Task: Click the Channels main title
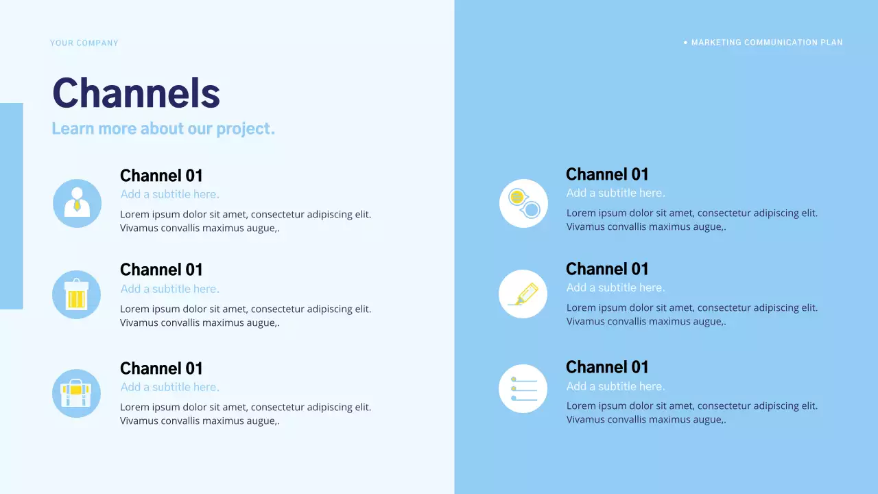(136, 93)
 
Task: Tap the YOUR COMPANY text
(84, 43)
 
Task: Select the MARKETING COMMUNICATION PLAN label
(767, 43)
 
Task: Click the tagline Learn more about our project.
(163, 129)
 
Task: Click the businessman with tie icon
(77, 203)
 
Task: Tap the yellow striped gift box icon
(76, 294)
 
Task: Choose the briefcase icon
(76, 393)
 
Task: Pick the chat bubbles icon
(523, 203)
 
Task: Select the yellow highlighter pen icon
(523, 294)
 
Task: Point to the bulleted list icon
(523, 389)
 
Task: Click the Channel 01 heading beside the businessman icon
(161, 176)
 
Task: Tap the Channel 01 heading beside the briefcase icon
(161, 369)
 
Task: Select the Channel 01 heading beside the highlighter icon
(607, 269)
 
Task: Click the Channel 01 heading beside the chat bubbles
(607, 174)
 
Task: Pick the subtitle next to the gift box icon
(170, 289)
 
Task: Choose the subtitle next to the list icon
(615, 386)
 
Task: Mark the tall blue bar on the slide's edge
(11, 206)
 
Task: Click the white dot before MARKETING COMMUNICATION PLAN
(685, 43)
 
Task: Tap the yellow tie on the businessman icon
(77, 205)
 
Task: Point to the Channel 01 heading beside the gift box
(161, 270)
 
